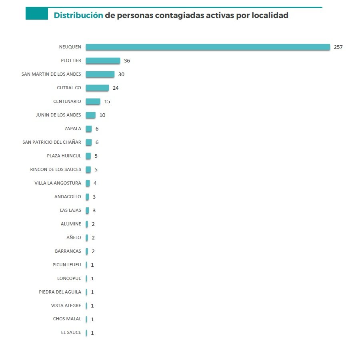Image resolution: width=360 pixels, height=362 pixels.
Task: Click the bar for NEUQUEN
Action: pos(208,47)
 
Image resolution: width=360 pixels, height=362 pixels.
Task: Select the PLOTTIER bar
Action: pos(103,61)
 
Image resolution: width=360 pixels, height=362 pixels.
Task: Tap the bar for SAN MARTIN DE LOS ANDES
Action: pos(100,74)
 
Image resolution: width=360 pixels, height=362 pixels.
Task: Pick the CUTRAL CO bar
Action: pos(97,88)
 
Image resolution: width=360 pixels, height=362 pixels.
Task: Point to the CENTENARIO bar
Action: pos(93,102)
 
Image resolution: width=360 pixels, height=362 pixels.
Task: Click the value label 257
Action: pos(338,47)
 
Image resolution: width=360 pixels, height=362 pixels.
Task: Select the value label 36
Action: pos(127,61)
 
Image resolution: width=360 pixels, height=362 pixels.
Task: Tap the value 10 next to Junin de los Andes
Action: pos(102,115)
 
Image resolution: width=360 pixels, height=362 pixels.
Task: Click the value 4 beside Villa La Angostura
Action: pos(95,183)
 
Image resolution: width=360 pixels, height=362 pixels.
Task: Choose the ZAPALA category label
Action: pos(73,129)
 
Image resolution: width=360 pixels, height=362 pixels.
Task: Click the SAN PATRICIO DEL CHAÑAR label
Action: pos(52,143)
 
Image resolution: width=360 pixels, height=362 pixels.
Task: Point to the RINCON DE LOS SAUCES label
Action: pos(56,170)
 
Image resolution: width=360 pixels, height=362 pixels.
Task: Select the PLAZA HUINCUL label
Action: pos(64,156)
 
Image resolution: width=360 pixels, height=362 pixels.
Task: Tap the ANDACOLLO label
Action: pos(68,197)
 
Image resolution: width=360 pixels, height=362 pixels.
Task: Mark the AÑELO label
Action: pos(74,238)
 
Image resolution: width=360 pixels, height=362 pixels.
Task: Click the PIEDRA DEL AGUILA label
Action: pos(60,292)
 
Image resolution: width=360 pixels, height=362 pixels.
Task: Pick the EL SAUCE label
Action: pos(71,333)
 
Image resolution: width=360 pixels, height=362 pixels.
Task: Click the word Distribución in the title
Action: pos(78,16)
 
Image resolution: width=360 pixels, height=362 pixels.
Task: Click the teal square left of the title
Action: pos(37,14)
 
